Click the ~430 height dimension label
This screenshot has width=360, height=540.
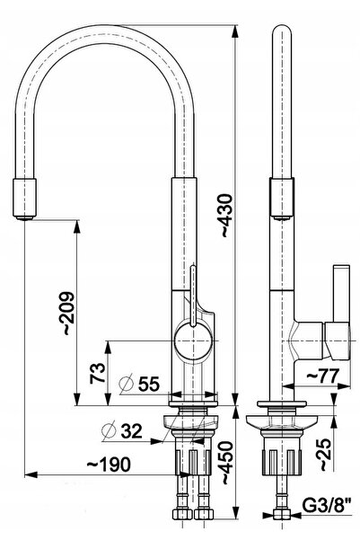click(x=227, y=216)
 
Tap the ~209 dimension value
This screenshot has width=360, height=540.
click(x=66, y=314)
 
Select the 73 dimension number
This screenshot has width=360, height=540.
click(x=97, y=373)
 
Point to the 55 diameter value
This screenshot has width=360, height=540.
click(x=149, y=384)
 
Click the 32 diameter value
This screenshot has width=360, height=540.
click(x=131, y=430)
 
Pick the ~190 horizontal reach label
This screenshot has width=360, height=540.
click(x=109, y=465)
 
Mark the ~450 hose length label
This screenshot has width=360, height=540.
click(x=227, y=463)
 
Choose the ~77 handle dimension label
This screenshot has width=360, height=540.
click(x=323, y=376)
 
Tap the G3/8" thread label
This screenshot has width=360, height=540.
click(x=327, y=506)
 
